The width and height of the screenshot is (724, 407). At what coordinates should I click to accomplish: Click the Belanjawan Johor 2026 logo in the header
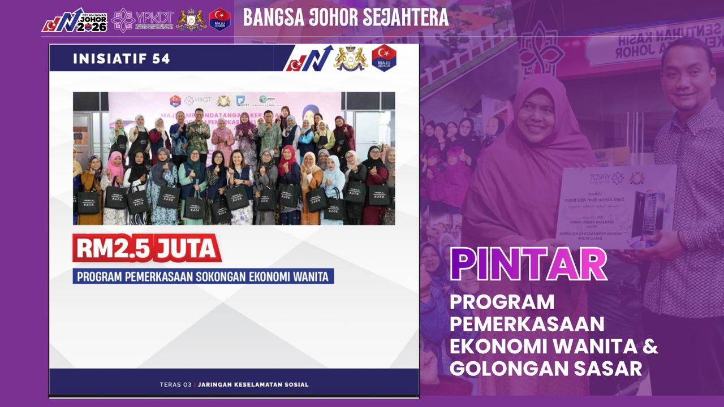click(74, 20)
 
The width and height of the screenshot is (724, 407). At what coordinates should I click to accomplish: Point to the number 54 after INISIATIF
click(161, 59)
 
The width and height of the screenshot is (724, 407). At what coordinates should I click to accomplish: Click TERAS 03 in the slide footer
click(176, 385)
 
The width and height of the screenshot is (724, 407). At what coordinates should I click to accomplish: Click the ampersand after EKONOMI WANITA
click(650, 346)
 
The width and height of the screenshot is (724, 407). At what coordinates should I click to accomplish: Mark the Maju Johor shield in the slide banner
click(383, 58)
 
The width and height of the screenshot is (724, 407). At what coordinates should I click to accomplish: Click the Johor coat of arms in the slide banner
click(350, 58)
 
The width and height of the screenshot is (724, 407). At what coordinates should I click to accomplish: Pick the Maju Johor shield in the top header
click(219, 19)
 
